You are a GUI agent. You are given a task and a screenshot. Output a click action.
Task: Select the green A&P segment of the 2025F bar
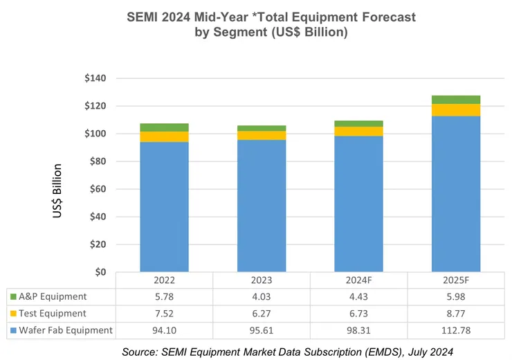pos(456,100)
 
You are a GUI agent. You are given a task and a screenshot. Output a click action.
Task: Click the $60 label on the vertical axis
pos(98,189)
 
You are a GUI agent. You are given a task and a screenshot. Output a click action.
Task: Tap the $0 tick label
pos(100,272)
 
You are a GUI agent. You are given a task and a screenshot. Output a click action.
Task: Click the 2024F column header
pos(358,281)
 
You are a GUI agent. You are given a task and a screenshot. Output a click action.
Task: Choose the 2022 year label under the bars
pos(164,281)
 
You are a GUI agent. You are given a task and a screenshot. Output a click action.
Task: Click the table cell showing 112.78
pos(456,330)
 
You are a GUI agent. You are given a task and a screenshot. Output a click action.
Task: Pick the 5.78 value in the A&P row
pos(164,297)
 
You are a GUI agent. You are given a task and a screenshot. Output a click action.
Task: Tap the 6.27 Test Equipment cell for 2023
pos(262,314)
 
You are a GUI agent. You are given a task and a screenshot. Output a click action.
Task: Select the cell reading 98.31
pos(358,330)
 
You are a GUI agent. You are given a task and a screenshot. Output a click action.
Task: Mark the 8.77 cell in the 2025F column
pos(456,314)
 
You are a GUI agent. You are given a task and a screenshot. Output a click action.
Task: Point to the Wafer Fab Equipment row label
pos(66,330)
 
